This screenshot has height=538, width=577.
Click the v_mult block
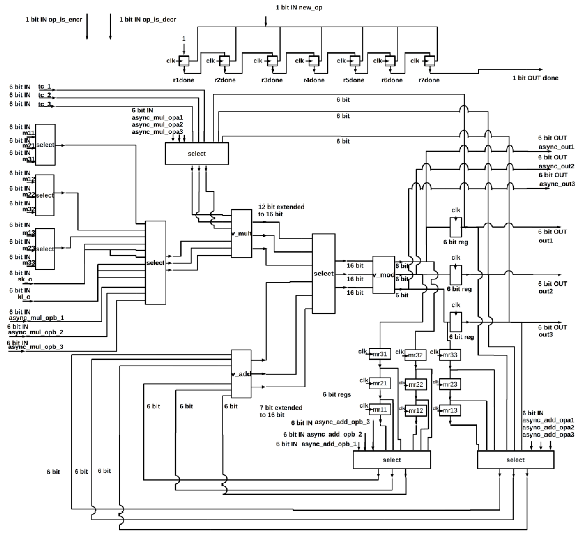click(x=241, y=233)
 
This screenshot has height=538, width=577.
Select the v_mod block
click(x=383, y=274)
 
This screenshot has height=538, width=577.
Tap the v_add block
click(x=241, y=374)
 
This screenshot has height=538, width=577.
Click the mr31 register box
click(x=380, y=354)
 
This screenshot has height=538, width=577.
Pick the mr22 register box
click(x=416, y=384)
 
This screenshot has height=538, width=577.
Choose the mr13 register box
click(x=450, y=410)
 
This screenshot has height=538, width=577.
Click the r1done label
click(x=183, y=80)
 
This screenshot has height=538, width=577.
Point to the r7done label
click(x=429, y=80)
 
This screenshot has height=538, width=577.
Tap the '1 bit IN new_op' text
click(x=299, y=8)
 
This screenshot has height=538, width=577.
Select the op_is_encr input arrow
click(x=87, y=26)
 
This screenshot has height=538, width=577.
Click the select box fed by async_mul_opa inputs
click(x=197, y=153)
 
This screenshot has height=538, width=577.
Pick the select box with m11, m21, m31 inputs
click(x=45, y=145)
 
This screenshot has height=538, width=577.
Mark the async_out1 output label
click(x=556, y=147)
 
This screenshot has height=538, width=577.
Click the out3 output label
click(x=546, y=334)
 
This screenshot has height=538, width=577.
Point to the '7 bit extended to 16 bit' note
click(x=281, y=411)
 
